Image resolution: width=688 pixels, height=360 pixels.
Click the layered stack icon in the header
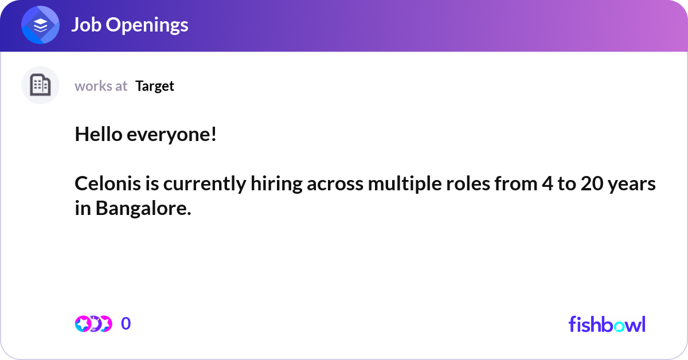(41, 25)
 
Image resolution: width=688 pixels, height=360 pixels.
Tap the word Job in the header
(87, 25)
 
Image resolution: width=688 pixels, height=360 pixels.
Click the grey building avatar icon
(40, 85)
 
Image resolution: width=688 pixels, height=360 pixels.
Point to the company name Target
(155, 86)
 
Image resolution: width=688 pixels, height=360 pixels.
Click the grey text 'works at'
(101, 86)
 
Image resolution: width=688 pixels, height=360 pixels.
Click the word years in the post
(634, 185)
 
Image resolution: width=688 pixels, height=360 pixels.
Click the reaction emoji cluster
(93, 324)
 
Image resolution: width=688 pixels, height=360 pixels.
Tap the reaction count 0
(126, 324)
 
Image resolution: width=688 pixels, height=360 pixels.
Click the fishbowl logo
(607, 324)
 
